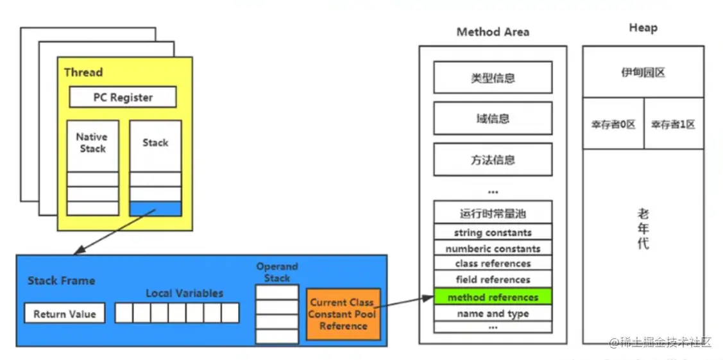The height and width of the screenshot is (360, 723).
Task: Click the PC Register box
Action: (123, 98)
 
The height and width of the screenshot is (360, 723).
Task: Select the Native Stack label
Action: (92, 142)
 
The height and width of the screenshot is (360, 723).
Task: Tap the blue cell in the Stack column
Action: (155, 209)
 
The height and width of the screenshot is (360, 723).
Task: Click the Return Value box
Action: (65, 314)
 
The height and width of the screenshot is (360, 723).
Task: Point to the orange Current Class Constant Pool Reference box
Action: (343, 314)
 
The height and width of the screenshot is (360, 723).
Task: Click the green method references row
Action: (493, 297)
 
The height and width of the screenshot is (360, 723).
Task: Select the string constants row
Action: (493, 232)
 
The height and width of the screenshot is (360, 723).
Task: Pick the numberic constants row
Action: (493, 248)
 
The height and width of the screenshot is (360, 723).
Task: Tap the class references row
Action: (493, 264)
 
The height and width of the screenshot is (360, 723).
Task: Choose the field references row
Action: (493, 280)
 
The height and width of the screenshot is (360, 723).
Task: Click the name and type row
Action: (493, 314)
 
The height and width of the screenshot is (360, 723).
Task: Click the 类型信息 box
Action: (493, 78)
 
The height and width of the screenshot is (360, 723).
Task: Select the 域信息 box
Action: (493, 119)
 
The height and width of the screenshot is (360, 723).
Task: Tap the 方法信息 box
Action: (493, 160)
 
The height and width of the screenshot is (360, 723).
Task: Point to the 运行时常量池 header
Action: (493, 214)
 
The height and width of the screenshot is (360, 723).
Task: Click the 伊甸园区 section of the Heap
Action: (643, 73)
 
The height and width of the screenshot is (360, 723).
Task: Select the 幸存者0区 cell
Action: (613, 124)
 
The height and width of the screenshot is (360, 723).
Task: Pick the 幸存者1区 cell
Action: (673, 124)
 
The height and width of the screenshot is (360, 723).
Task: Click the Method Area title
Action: (493, 31)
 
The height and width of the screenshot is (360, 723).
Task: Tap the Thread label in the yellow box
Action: (83, 73)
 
